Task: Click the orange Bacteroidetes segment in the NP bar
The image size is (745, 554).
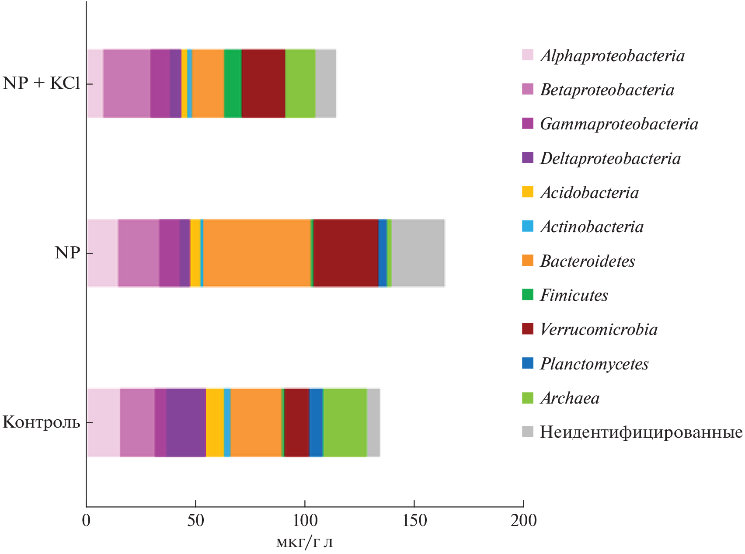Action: pos(257,253)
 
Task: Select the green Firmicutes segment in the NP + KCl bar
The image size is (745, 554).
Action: pos(233,84)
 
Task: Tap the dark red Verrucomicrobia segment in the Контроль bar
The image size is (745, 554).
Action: pos(296,422)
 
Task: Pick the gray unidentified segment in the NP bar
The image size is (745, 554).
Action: pos(418,253)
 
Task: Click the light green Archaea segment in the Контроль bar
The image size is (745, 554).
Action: pos(345,422)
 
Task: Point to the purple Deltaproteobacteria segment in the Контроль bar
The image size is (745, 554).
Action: pos(186,422)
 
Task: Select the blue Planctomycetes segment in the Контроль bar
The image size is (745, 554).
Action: pos(316,422)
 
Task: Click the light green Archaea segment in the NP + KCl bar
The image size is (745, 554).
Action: pos(300,84)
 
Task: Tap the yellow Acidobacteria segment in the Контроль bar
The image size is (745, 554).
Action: pos(215,422)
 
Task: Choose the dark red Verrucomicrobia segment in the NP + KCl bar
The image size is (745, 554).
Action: pos(263,84)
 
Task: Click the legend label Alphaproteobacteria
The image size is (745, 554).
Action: pos(612,56)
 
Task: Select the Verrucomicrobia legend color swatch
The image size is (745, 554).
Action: pos(528,329)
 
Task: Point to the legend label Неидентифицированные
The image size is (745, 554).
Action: pos(641,432)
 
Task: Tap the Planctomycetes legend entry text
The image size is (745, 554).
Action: pos(594,364)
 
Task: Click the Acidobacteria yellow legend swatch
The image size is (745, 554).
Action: pos(528,192)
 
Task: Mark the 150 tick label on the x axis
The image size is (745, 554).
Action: pos(414,521)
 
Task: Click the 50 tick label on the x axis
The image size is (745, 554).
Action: pos(195,521)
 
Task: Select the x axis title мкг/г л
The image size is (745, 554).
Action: pos(304,543)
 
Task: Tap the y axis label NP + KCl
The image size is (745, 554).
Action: pos(41,83)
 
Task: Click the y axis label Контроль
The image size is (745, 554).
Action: pos(41,422)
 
